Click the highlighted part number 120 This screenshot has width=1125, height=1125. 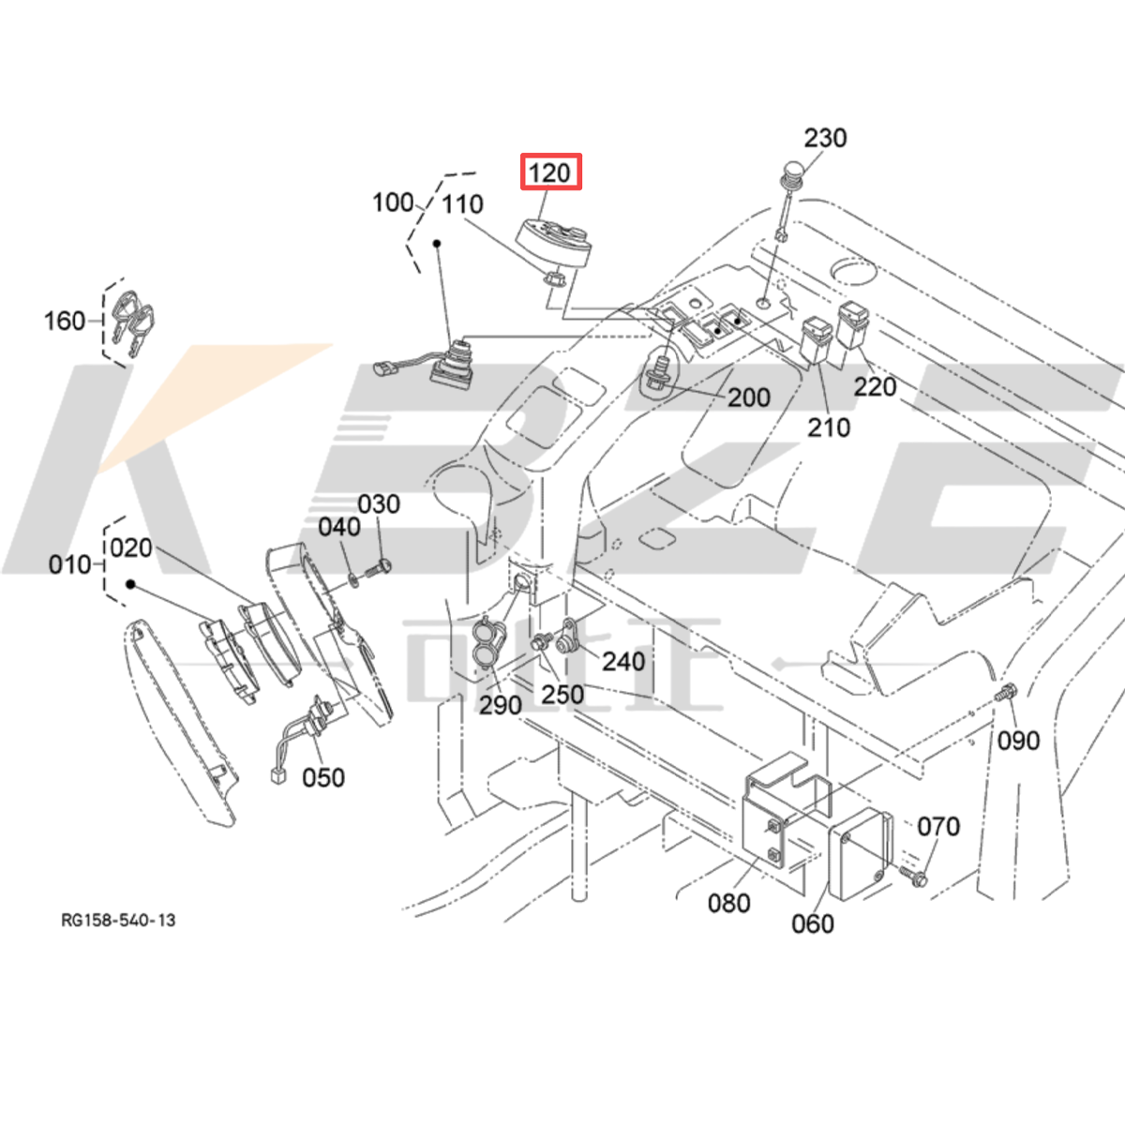pos(550,172)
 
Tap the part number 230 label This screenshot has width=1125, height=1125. pos(825,138)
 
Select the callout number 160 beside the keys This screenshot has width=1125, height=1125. pos(65,321)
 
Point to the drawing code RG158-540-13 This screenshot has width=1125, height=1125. pos(118,920)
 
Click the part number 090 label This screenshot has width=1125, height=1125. pos(1018,741)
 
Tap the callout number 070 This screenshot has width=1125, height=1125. pos(937,826)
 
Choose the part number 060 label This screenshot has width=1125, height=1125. pos(812,923)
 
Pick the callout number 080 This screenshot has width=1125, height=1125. pos(728,903)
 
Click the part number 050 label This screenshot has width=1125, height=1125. pos(322,777)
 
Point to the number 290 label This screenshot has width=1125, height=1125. pos(500,705)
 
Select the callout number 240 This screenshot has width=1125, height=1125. pos(622,661)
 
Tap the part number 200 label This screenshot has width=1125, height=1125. pos(748,397)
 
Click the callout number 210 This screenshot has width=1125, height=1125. pos(829,427)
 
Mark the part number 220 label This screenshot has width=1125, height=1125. pos(875,386)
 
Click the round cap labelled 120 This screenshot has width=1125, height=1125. pos(554,240)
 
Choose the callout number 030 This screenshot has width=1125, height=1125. pos(379,504)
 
